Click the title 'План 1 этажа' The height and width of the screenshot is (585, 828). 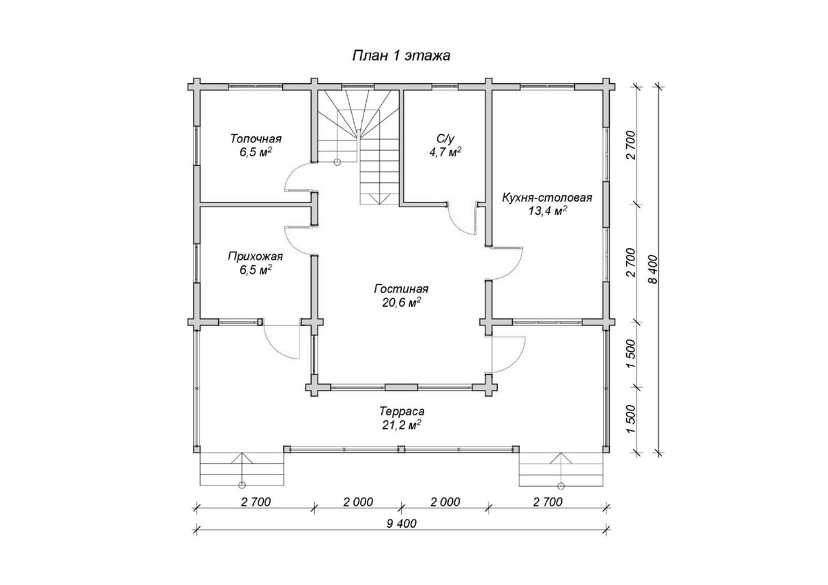(x=402, y=55)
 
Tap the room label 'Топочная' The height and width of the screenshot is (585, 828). (x=256, y=139)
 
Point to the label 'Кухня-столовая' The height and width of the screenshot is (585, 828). (x=547, y=198)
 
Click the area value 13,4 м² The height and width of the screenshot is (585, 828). (x=547, y=211)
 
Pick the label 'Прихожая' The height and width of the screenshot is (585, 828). (x=255, y=256)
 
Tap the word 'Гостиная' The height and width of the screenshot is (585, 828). (x=402, y=288)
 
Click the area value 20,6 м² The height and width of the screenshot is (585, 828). (x=402, y=303)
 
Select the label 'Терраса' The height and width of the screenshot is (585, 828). (x=402, y=411)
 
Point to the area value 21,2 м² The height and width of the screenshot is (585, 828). (x=402, y=425)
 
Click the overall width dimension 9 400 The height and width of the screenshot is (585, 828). (x=401, y=523)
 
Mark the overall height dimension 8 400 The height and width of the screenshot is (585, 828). (x=653, y=269)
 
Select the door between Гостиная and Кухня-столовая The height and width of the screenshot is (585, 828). (x=507, y=262)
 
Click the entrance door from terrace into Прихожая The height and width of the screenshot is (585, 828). (x=281, y=340)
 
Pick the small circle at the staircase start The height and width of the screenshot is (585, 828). (x=337, y=162)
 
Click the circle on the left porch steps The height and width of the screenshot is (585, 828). (x=242, y=485)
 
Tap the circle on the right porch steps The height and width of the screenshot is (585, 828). (x=561, y=485)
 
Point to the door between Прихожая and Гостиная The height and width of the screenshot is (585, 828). (x=298, y=240)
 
